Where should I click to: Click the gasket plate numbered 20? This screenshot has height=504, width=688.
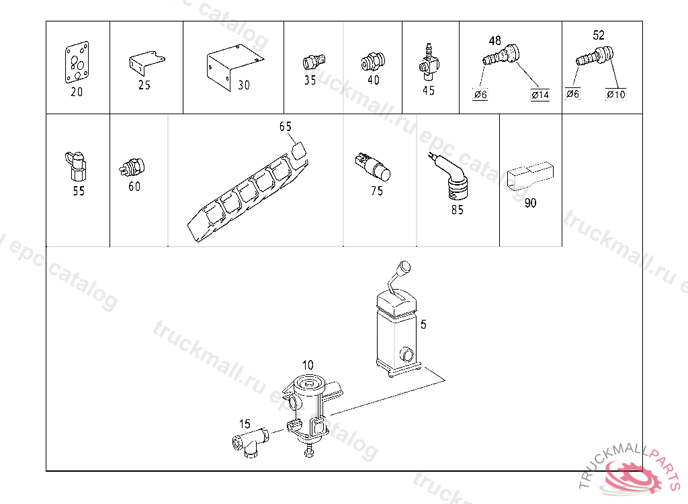point(77,62)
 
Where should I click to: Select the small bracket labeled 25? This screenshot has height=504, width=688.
point(146,62)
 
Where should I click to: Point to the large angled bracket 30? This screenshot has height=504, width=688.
point(234,66)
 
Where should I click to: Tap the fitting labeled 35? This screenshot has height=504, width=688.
point(314,61)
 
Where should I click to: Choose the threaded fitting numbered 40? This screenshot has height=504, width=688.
point(373,61)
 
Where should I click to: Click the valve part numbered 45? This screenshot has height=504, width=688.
point(428,62)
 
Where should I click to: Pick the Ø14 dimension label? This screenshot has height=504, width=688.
point(540,95)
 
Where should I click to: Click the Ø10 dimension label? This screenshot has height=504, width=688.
point(615,94)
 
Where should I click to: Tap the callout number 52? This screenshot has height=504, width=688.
point(599,35)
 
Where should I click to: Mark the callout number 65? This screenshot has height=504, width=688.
point(285,126)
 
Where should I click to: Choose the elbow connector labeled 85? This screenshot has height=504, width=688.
point(449,177)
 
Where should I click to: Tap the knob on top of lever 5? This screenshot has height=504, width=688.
point(404,267)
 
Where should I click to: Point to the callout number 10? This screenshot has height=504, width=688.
point(308,366)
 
